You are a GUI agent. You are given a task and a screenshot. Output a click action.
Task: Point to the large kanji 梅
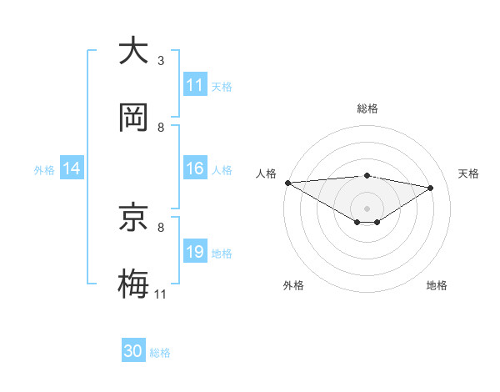point(133,283)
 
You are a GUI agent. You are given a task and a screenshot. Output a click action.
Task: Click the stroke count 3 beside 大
point(161,61)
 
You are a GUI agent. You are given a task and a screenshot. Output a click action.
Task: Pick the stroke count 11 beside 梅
point(161,294)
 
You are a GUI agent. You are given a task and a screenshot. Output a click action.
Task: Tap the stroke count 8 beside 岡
point(161,128)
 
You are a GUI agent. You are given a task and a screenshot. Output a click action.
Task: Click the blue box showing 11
point(195,85)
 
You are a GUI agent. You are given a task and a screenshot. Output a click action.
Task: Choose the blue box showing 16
point(195,168)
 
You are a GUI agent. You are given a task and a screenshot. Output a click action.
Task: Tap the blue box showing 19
point(195,252)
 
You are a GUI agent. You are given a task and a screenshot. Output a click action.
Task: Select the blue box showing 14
point(72,168)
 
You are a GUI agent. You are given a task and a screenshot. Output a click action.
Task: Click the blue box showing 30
point(133,351)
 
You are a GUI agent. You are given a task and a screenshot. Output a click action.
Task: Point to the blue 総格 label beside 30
point(160,353)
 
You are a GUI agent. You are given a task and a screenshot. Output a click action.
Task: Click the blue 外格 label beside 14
point(44,169)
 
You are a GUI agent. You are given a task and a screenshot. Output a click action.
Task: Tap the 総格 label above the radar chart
point(367,108)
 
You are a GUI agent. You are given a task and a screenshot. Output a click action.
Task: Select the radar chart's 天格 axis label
point(469,173)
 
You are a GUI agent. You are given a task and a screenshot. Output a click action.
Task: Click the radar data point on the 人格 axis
point(287,183)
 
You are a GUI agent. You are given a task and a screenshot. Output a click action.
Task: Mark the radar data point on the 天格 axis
point(431,188)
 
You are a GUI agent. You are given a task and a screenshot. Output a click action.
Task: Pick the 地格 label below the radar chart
point(437,285)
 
